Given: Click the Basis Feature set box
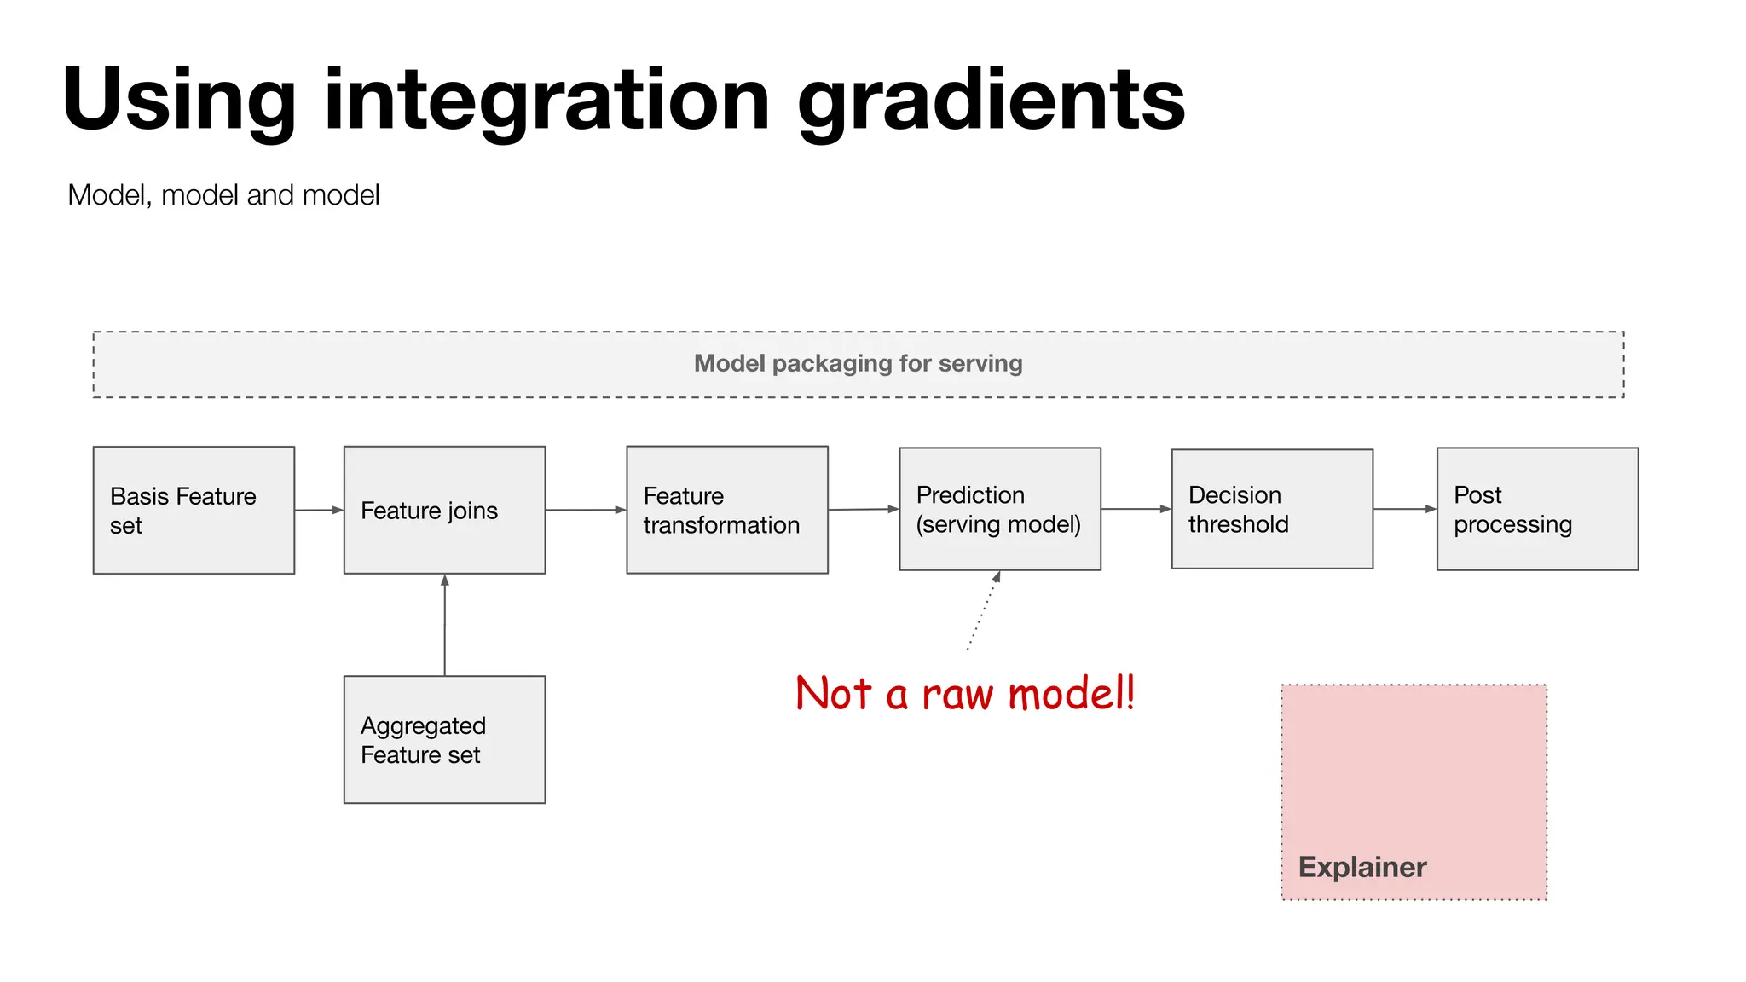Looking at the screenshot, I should [194, 510].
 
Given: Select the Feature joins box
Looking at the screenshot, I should [444, 510].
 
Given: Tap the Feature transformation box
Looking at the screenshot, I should [727, 510].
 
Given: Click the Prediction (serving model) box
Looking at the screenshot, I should [1000, 509].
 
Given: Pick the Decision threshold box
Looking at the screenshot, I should [1272, 509].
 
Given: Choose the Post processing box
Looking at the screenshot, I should [1537, 509].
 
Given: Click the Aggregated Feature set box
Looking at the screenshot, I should [444, 739].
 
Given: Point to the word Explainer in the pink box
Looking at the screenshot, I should [1362, 867].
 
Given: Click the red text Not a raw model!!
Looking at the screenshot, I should [965, 693].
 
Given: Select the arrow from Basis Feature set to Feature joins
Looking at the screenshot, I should [319, 510].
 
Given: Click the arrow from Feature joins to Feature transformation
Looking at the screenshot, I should [586, 510].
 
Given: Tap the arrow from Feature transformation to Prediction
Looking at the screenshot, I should [864, 509].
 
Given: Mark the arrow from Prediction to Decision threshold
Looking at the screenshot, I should [1136, 509].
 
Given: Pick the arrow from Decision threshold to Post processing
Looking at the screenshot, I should [1404, 509].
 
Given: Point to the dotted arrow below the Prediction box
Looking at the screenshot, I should [983, 610].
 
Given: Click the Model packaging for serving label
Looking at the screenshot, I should [858, 364].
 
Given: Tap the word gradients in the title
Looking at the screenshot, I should [991, 101].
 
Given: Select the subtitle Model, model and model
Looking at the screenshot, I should [223, 195].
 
